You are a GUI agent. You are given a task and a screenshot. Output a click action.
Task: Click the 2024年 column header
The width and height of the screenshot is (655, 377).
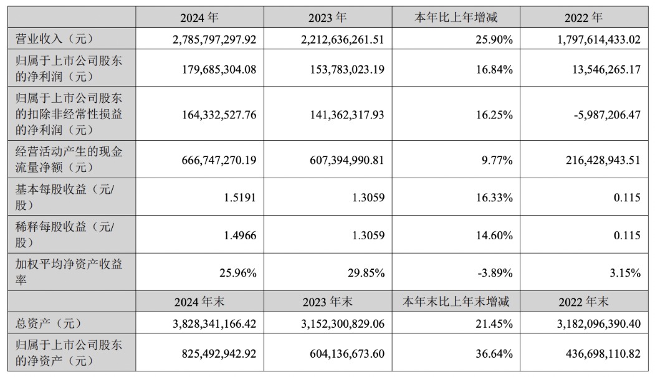(x=200, y=18)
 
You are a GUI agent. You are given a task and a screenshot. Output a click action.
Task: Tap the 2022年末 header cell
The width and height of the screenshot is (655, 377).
(x=583, y=302)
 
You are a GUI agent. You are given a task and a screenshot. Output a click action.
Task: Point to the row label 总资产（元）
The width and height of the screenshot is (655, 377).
(x=49, y=324)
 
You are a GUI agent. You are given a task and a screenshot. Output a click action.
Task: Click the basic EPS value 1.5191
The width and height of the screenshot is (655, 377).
(x=239, y=198)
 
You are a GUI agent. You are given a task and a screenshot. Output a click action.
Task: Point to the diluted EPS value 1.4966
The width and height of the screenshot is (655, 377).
(x=239, y=236)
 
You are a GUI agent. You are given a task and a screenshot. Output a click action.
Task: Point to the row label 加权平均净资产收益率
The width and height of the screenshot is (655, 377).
(x=69, y=272)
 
